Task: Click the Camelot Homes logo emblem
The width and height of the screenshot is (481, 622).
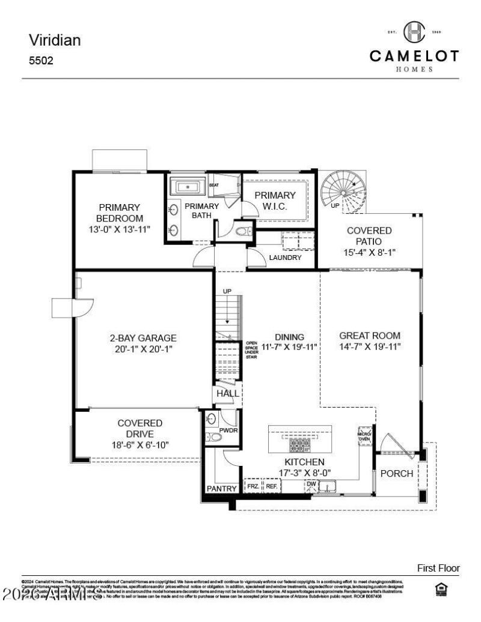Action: (x=414, y=32)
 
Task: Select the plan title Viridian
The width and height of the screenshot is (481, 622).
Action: (x=55, y=40)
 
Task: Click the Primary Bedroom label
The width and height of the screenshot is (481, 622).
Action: (x=119, y=213)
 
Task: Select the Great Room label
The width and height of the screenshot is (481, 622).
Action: (x=369, y=336)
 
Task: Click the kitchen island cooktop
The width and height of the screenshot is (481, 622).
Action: (x=299, y=444)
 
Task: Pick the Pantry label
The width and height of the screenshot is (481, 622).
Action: (x=221, y=489)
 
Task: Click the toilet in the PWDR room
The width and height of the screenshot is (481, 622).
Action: (x=215, y=437)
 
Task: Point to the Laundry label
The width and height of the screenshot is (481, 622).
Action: (x=284, y=258)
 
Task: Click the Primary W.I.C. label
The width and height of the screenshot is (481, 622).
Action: (x=275, y=201)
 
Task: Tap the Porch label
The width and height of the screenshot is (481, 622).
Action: (x=397, y=473)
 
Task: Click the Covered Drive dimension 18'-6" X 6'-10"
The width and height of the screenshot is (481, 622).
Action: (x=139, y=445)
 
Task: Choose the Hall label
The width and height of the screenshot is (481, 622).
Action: (x=228, y=393)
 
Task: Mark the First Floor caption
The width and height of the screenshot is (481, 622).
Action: (x=438, y=567)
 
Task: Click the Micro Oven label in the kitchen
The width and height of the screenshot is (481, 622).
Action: (x=365, y=435)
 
